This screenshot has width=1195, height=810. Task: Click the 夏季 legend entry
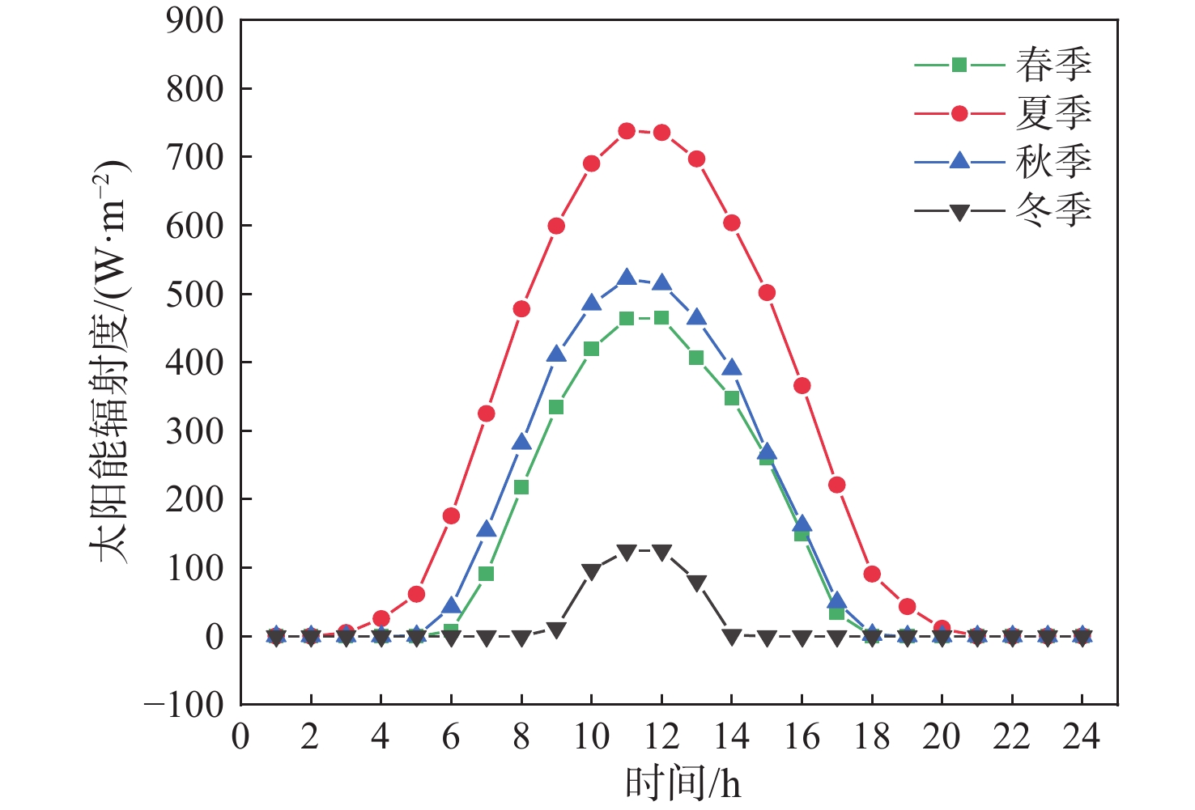[1053, 113]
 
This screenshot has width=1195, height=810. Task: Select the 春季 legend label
[1053, 65]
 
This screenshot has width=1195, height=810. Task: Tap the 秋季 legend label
[1053, 162]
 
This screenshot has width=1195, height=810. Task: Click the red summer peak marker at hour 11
[627, 131]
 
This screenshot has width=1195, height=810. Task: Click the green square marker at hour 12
[661, 318]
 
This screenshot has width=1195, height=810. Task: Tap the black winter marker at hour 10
[591, 571]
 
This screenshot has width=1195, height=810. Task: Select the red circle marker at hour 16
[802, 386]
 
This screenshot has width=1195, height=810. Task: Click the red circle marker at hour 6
[451, 516]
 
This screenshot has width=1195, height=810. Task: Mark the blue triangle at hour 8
[521, 443]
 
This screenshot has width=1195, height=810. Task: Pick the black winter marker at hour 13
[696, 583]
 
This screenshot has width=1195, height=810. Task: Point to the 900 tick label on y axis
[194, 21]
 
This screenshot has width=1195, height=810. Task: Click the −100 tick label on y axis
[184, 705]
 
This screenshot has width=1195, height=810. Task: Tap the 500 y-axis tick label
[194, 294]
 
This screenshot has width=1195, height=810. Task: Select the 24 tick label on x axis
[1082, 737]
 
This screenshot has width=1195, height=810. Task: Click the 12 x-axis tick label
[661, 737]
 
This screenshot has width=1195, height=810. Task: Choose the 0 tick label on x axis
[240, 737]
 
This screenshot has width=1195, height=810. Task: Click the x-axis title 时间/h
[683, 782]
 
